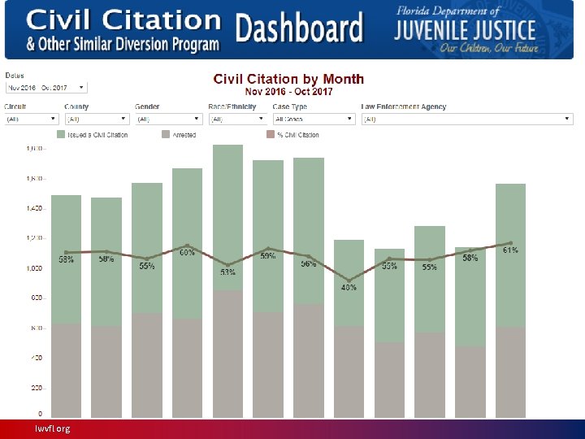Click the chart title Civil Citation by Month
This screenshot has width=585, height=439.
click(x=288, y=79)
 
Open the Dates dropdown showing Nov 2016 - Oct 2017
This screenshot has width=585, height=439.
click(x=45, y=87)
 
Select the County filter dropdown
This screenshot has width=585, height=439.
click(x=96, y=119)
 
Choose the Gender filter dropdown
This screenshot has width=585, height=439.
click(x=167, y=119)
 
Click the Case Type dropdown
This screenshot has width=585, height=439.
click(x=314, y=119)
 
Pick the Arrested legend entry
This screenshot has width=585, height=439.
click(x=184, y=135)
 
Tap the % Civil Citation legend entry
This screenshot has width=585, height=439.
click(x=297, y=135)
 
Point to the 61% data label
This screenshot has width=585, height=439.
click(x=510, y=250)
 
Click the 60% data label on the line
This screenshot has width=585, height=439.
click(x=187, y=253)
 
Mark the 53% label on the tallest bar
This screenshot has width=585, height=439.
click(x=227, y=272)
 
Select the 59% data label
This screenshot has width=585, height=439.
click(x=267, y=256)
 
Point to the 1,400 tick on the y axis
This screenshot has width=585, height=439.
click(x=35, y=209)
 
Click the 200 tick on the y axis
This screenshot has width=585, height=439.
click(x=37, y=388)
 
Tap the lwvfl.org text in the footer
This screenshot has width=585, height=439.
click(x=52, y=428)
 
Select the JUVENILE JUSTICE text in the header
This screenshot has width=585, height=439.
click(x=466, y=30)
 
